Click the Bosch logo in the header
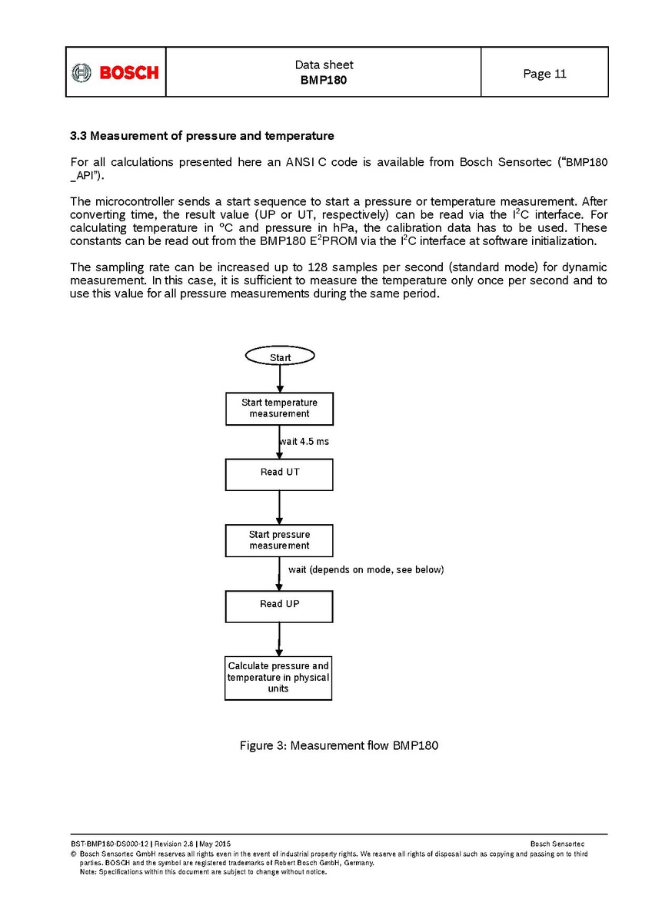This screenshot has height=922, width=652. coord(115,72)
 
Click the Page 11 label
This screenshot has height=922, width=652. coord(544,74)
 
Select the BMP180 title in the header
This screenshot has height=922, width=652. coord(324,80)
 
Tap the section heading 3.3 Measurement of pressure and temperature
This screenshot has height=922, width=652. coord(201,136)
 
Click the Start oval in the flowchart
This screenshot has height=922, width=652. coord(279,357)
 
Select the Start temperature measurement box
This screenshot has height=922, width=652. coord(279,408)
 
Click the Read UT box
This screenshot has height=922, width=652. coord(279,474)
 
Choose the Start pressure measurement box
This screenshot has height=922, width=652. coord(279,540)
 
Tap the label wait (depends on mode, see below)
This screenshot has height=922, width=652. coord(366,570)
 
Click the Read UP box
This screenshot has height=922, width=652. coord(279,605)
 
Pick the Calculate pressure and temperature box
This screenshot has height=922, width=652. coord(278,677)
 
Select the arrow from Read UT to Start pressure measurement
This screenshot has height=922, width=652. coord(279,507)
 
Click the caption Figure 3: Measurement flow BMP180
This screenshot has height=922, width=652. coord(339,745)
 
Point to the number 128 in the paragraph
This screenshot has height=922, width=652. coord(318,267)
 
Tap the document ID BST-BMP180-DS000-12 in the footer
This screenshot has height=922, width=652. coord(108,844)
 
